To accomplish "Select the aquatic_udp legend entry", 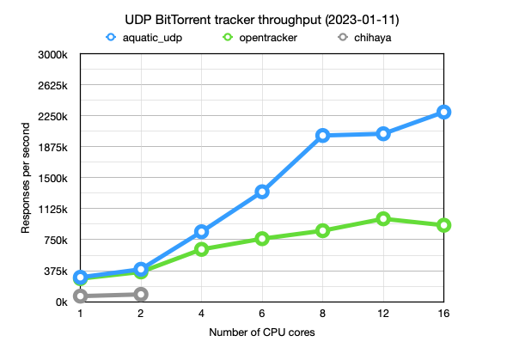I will pyautogui.click(x=141, y=38).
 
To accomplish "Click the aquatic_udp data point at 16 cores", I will pyautogui.click(x=443, y=112).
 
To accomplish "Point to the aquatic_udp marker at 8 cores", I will pyautogui.click(x=322, y=135).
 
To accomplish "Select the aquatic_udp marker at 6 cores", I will pyautogui.click(x=262, y=192).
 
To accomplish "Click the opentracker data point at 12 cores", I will pyautogui.click(x=383, y=219).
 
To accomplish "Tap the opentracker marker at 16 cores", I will pyautogui.click(x=443, y=225).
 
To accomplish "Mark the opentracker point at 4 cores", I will pyautogui.click(x=202, y=249).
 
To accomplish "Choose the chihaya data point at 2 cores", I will pyautogui.click(x=141, y=294).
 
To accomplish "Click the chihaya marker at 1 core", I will pyautogui.click(x=81, y=296).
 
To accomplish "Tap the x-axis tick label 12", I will pyautogui.click(x=383, y=314).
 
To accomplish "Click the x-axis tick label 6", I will pyautogui.click(x=262, y=314).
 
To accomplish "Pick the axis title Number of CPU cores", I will pyautogui.click(x=262, y=331).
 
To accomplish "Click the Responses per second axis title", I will pyautogui.click(x=27, y=178).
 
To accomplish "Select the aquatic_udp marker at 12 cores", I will pyautogui.click(x=383, y=133).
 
